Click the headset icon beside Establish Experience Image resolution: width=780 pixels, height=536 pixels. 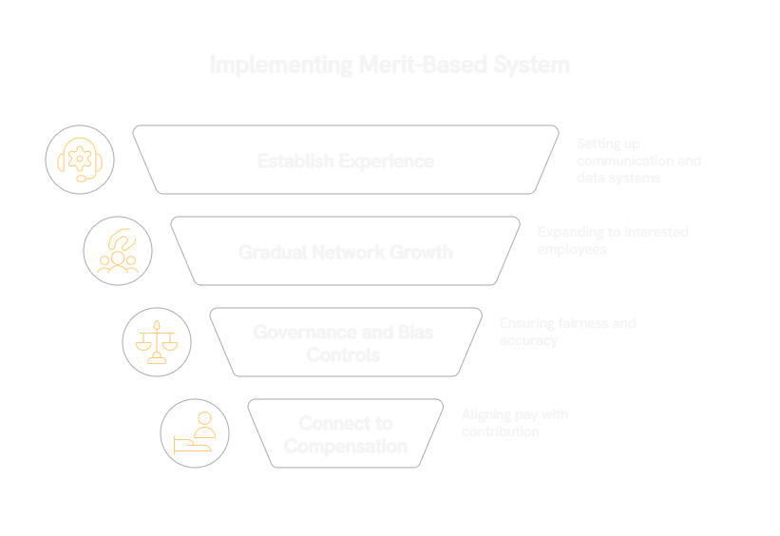[x=80, y=160]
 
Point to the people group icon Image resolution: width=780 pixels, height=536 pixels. [x=118, y=251]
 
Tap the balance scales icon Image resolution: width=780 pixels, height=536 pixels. [x=157, y=342]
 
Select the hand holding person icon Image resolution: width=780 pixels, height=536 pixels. [x=195, y=433]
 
